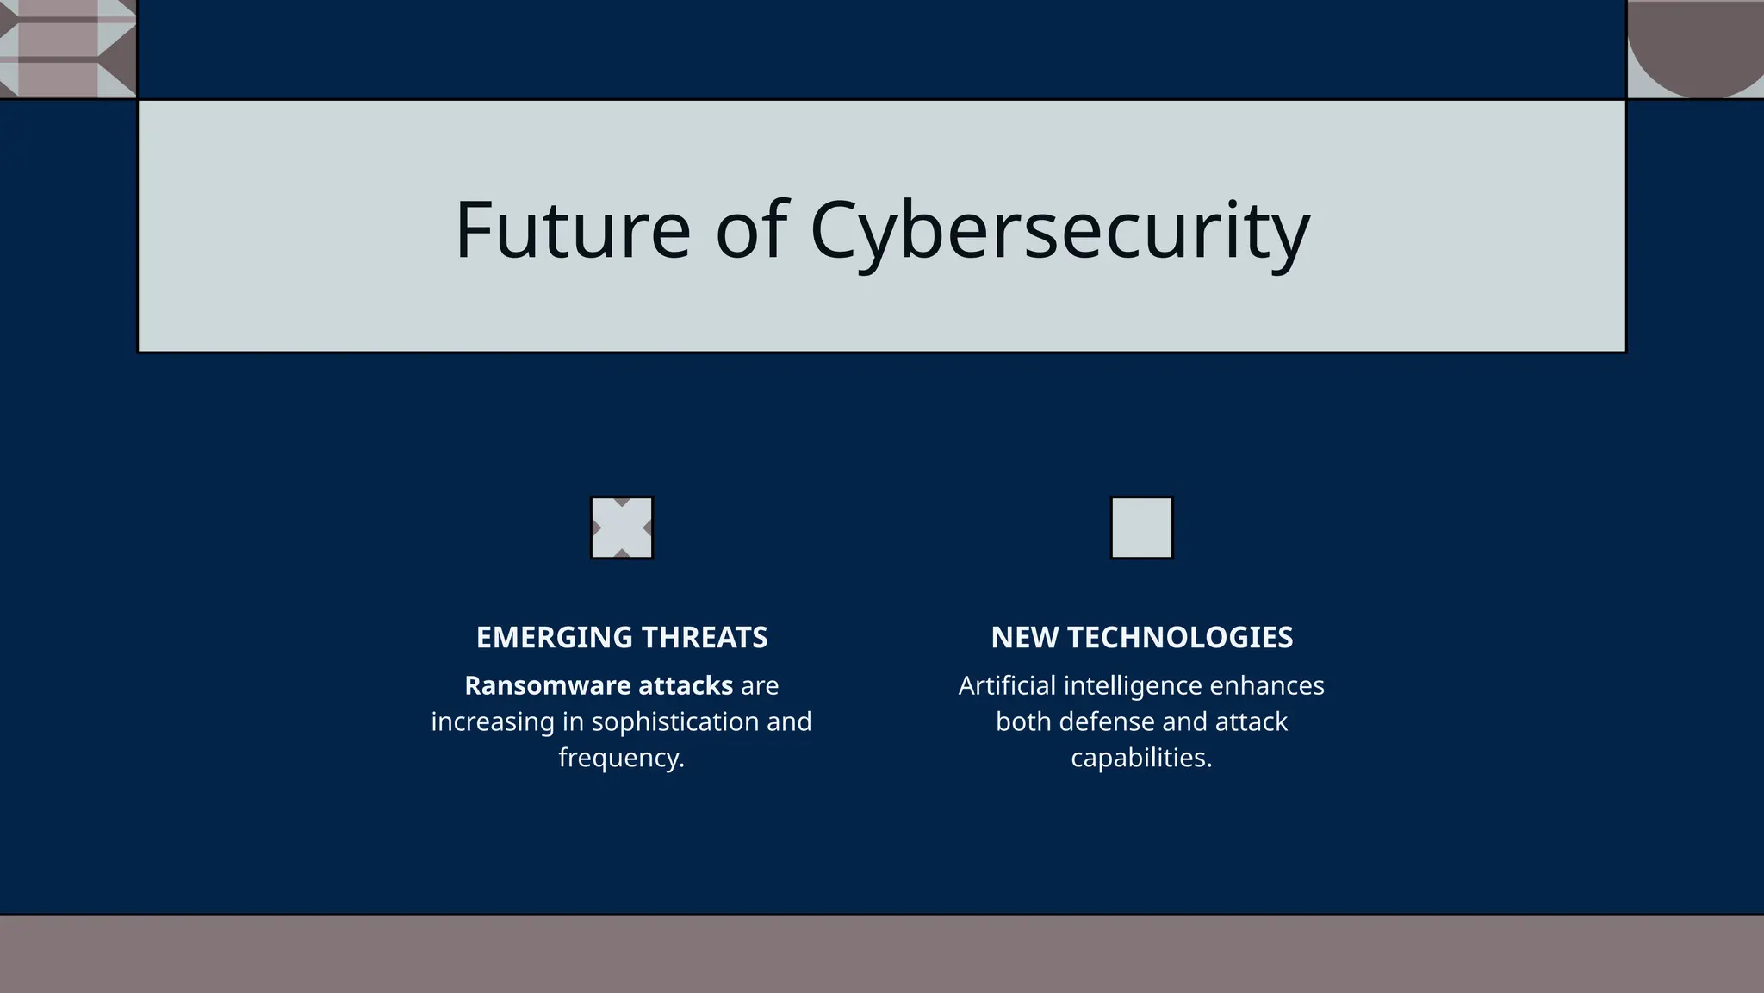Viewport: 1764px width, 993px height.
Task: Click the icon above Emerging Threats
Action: tap(622, 528)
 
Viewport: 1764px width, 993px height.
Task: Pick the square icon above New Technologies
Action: tap(1141, 528)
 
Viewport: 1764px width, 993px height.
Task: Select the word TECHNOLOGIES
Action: tap(1180, 638)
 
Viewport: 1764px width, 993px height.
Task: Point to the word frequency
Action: tap(620, 759)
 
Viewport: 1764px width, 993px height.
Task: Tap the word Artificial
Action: tap(1007, 686)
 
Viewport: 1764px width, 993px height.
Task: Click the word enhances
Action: tap(1267, 686)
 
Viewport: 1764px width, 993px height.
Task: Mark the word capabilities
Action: tap(1140, 759)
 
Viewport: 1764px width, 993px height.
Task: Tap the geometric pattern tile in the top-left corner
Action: tap(67, 48)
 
